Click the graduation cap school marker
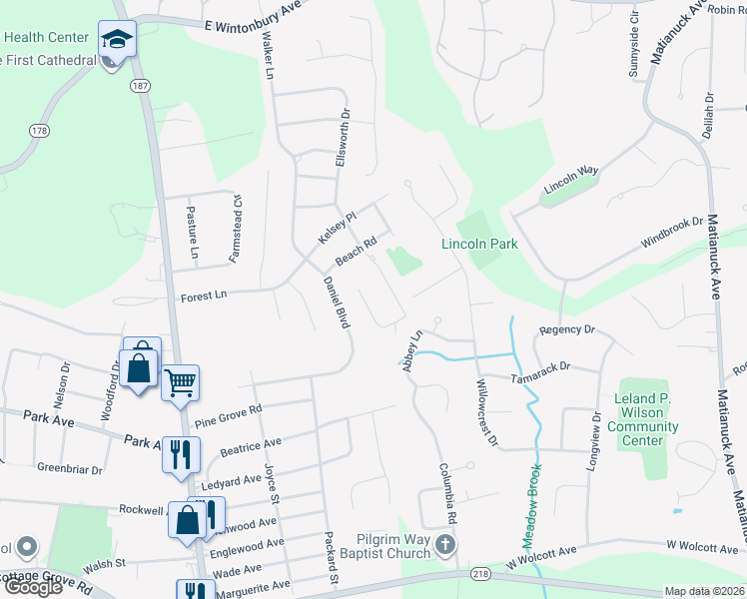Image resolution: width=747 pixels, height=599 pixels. [x=117, y=40]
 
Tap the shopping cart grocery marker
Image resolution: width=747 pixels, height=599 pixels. [x=180, y=381]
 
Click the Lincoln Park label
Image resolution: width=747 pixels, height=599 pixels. [x=479, y=244]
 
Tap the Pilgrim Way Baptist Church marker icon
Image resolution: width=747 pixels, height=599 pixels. [x=445, y=545]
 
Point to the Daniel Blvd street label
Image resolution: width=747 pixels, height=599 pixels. [x=336, y=302]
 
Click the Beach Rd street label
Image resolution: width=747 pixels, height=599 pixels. [x=356, y=250]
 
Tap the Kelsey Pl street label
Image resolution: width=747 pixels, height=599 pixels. [x=337, y=227]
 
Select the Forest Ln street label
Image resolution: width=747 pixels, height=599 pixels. [x=204, y=296]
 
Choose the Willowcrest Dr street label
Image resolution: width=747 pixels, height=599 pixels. [x=485, y=412]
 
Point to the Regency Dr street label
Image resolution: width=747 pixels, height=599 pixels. [x=566, y=328]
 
